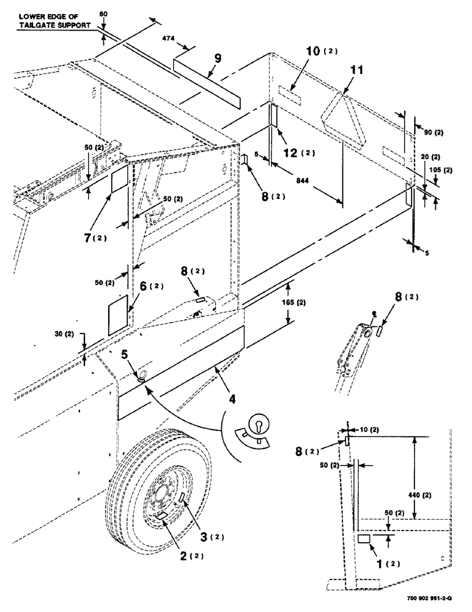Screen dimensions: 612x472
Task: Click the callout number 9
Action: tap(217, 59)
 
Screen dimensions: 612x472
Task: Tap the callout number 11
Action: tap(356, 71)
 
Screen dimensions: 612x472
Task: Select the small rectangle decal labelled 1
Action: tap(363, 539)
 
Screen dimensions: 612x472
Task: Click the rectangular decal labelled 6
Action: tap(117, 315)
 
